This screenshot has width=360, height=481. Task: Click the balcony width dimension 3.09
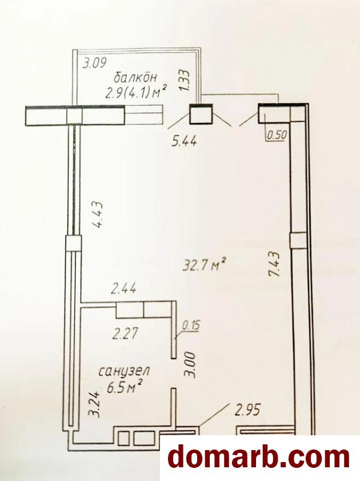(95, 63)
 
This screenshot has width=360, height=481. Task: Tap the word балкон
(135, 77)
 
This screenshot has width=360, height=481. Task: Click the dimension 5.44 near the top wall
(184, 142)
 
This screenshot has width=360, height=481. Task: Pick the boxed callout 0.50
(277, 135)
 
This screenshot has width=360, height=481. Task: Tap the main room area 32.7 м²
(205, 265)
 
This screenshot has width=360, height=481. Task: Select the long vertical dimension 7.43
(274, 264)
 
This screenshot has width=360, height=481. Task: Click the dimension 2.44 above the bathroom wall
(124, 289)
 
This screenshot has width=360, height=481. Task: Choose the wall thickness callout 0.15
(191, 325)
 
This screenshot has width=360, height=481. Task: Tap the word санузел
(124, 372)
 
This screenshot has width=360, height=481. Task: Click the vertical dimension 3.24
(94, 404)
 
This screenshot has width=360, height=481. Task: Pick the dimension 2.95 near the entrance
(247, 410)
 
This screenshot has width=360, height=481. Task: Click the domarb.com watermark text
(259, 458)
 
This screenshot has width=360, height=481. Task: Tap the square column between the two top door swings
(201, 114)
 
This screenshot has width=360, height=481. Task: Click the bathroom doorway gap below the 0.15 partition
(174, 373)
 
